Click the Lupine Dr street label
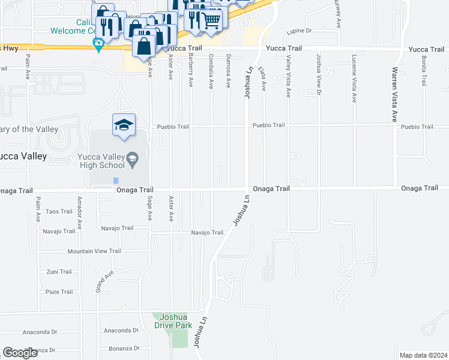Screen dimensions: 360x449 tap(300, 30)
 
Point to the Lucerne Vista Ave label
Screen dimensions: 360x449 tap(354, 76)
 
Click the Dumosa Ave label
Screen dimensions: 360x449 tap(229, 71)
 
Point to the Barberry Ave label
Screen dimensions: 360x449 tap(191, 71)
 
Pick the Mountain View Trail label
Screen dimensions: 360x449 tap(94, 251)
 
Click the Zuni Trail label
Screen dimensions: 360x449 tap(59, 272)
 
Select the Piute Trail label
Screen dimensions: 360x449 tap(59, 292)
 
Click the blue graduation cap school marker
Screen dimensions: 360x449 tap(124, 125)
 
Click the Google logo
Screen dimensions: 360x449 tap(20, 353)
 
